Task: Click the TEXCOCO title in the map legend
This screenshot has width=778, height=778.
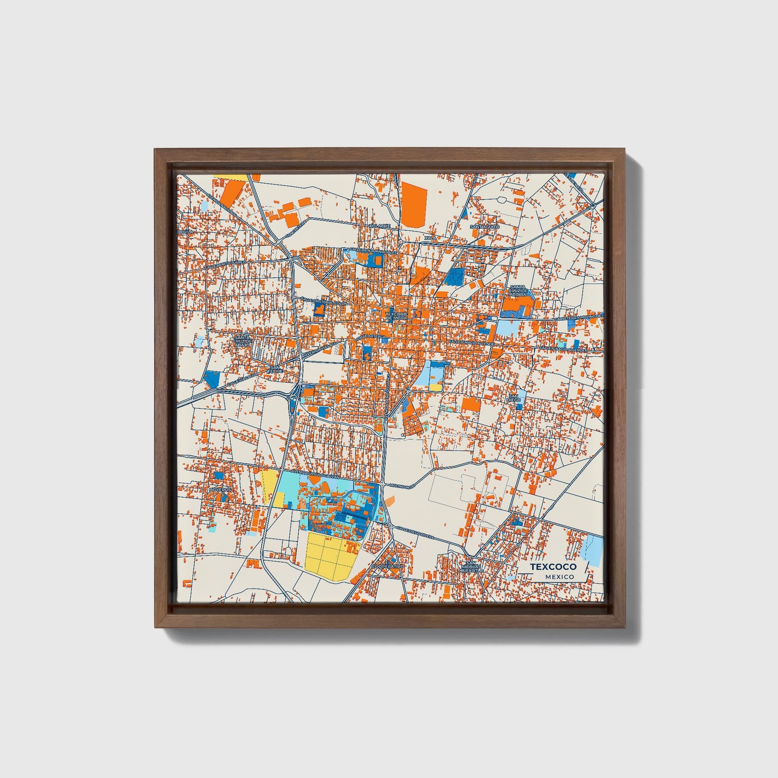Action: (553, 567)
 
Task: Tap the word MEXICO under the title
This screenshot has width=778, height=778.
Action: (559, 577)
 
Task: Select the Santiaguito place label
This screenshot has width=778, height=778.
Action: (485, 227)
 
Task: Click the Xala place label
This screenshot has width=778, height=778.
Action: (430, 237)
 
